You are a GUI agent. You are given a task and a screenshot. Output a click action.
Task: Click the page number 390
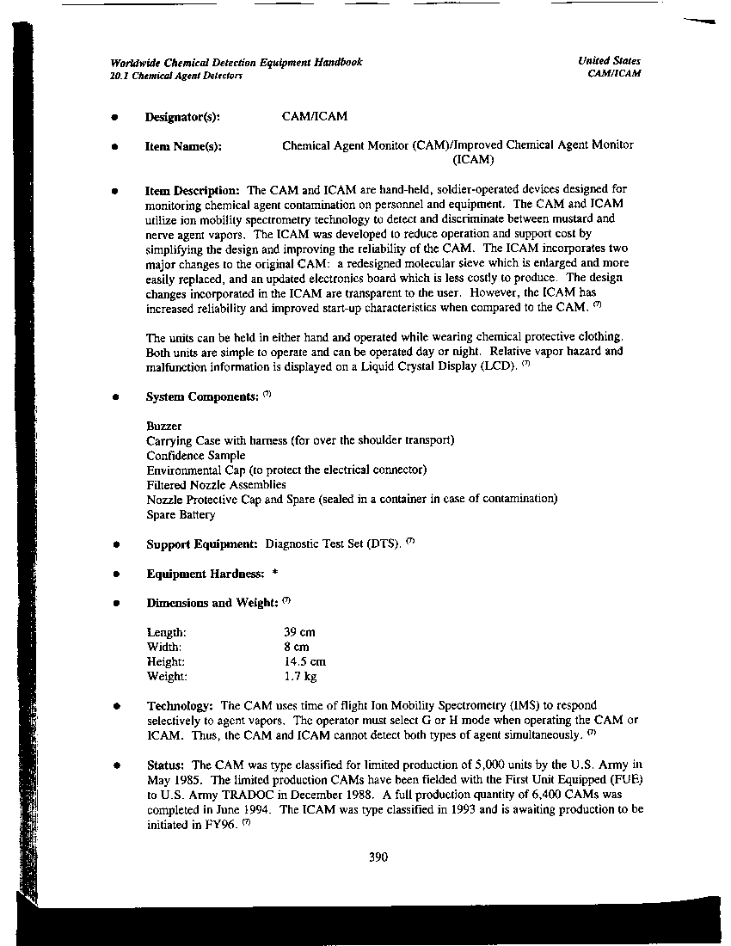pyautogui.click(x=378, y=857)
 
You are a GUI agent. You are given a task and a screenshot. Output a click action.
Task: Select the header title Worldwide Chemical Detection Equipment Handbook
pyautogui.click(x=236, y=62)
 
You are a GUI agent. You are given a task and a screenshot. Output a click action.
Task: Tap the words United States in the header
pyautogui.click(x=609, y=61)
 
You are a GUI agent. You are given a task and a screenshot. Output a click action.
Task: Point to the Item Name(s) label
pyautogui.click(x=183, y=147)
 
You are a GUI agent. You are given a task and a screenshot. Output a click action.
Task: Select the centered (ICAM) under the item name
pyautogui.click(x=473, y=159)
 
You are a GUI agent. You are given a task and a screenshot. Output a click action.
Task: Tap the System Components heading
pyautogui.click(x=202, y=396)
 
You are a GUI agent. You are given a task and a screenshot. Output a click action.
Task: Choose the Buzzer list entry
pyautogui.click(x=164, y=426)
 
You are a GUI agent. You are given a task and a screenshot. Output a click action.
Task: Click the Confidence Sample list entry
pyautogui.click(x=195, y=456)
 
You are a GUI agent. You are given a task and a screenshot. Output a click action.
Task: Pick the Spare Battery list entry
pyautogui.click(x=181, y=515)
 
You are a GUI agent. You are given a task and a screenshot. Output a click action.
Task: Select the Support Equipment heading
pyautogui.click(x=202, y=544)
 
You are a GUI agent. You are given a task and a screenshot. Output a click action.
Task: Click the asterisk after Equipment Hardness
pyautogui.click(x=273, y=574)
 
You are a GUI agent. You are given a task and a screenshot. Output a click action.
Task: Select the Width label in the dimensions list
pyautogui.click(x=163, y=647)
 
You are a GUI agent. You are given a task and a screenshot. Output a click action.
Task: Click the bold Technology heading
pyautogui.click(x=180, y=705)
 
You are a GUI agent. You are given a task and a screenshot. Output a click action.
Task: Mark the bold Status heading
pyautogui.click(x=165, y=765)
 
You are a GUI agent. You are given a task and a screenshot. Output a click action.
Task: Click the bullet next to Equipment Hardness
pyautogui.click(x=115, y=574)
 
